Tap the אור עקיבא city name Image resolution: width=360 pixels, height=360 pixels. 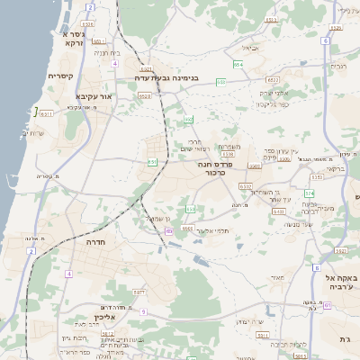tap(94, 96)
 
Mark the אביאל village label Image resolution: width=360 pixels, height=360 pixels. tap(249, 48)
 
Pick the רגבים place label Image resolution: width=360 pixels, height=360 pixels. tap(338, 66)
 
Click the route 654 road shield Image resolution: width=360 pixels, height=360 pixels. tap(238, 65)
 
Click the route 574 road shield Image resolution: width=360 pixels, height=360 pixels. tap(310, 193)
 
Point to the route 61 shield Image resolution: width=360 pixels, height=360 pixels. tap(328, 305)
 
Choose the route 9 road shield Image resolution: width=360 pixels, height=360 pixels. tap(142, 311)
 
